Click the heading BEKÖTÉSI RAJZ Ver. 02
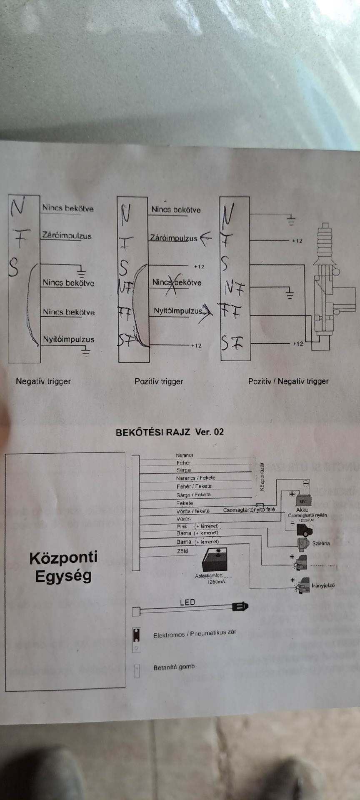click(x=170, y=432)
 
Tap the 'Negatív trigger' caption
click(x=43, y=381)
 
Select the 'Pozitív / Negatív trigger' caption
click(x=288, y=381)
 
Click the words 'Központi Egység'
click(x=63, y=567)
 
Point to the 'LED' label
click(x=187, y=602)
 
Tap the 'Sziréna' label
click(x=321, y=543)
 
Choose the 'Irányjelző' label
click(x=323, y=585)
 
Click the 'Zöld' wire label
click(x=182, y=551)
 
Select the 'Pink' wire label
click(x=182, y=527)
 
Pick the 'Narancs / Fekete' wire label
click(x=195, y=478)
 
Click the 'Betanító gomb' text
click(x=174, y=667)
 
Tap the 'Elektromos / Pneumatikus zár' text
click(x=195, y=634)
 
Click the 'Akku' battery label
click(x=302, y=510)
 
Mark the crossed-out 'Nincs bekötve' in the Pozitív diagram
click(x=177, y=282)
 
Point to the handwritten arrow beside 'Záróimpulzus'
click(x=206, y=239)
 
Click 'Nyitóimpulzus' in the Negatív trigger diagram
click(x=69, y=339)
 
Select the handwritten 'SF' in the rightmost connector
click(x=232, y=343)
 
